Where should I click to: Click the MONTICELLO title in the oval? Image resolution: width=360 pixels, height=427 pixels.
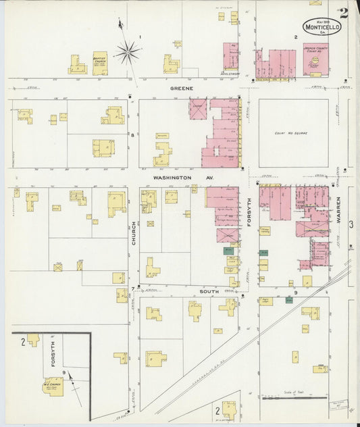[322, 27]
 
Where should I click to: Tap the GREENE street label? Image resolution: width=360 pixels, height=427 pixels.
[181, 88]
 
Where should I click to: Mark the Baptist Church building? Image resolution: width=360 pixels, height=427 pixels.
[100, 62]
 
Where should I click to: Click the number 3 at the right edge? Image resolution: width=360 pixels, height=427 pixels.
[351, 224]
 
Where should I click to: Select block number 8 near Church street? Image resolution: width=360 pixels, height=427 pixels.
[132, 135]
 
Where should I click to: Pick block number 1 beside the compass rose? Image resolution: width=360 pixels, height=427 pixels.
[140, 36]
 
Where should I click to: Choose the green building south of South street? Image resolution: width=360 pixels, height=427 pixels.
[289, 299]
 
